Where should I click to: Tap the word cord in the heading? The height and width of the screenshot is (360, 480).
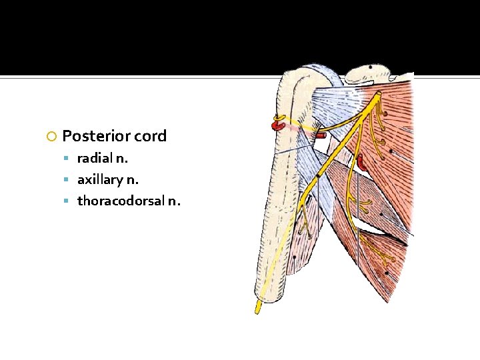[150, 137]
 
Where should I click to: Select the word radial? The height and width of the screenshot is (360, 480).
[95, 159]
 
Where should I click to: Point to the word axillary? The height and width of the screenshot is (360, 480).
[99, 180]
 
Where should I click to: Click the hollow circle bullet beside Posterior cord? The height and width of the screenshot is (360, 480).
[52, 137]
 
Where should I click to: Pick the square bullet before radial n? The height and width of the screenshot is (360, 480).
[69, 159]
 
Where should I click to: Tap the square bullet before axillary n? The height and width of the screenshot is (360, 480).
[69, 181]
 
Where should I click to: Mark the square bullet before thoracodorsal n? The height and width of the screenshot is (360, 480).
[69, 201]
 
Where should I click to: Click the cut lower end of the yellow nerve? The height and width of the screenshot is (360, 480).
[257, 309]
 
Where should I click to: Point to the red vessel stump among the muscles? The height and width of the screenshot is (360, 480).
[361, 162]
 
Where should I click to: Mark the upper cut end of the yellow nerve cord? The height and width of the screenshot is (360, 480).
[378, 95]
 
